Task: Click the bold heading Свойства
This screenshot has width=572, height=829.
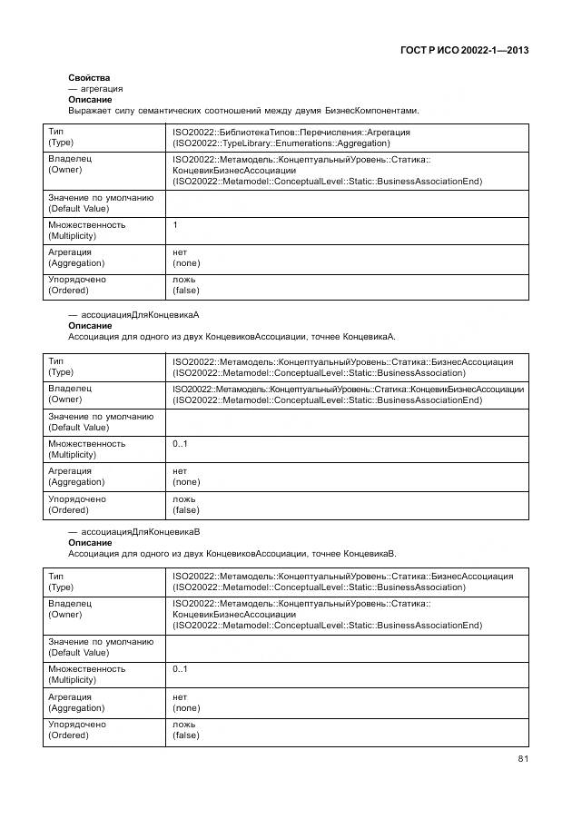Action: (x=89, y=78)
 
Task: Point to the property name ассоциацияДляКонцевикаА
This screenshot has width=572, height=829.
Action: (x=140, y=315)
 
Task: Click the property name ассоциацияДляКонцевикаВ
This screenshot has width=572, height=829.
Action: (x=140, y=531)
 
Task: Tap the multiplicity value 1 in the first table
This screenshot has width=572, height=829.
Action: (x=175, y=224)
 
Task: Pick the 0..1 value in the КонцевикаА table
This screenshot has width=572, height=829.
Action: (x=180, y=444)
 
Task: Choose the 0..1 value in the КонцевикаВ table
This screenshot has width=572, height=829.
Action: (x=180, y=669)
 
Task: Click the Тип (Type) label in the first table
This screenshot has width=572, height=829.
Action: (x=61, y=137)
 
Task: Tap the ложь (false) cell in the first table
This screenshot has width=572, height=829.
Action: (x=185, y=285)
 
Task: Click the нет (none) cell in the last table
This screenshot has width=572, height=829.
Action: (x=185, y=702)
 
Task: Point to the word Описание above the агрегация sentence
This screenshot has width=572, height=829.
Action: (x=90, y=100)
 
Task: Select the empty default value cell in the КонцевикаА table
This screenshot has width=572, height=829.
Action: (x=345, y=421)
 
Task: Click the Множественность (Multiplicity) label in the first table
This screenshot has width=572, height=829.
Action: (x=86, y=230)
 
